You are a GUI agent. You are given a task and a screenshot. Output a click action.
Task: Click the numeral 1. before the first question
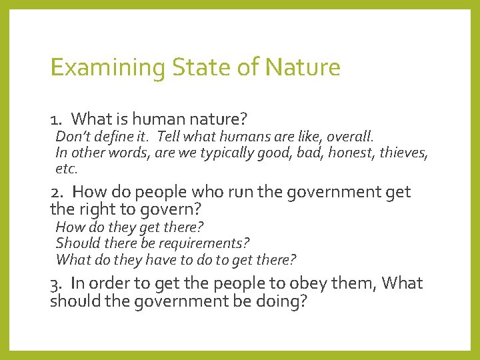click(56, 120)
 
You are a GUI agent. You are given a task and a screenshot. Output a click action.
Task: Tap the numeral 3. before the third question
click(56, 284)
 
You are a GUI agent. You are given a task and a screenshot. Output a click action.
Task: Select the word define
click(111, 137)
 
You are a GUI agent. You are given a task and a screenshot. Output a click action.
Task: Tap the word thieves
click(405, 153)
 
